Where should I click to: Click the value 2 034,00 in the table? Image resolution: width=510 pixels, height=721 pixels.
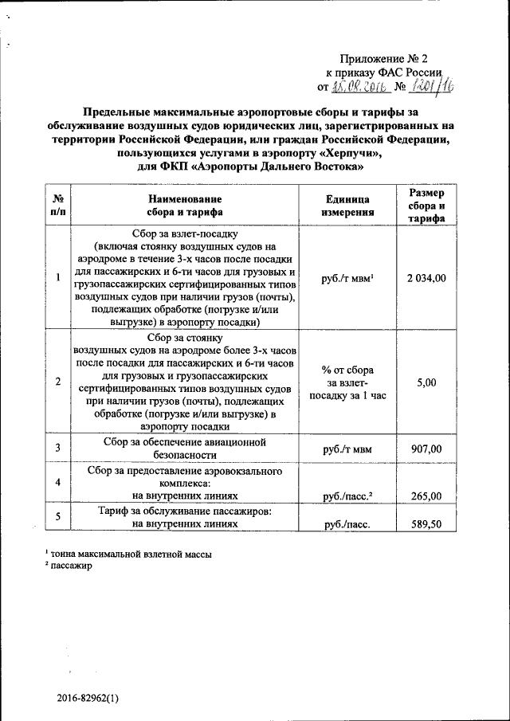coord(426,278)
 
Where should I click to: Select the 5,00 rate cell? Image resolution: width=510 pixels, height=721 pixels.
coord(426,382)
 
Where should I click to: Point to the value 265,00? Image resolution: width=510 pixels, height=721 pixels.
coord(425,497)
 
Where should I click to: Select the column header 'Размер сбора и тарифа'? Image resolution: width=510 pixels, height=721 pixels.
coord(426,206)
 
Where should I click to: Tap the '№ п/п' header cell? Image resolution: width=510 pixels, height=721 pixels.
coord(58,206)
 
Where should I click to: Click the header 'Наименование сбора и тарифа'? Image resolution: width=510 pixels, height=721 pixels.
coord(184,206)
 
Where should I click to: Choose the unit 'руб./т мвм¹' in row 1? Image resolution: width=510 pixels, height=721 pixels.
coord(347,278)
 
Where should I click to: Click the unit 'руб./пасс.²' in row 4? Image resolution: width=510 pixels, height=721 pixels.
coord(347,497)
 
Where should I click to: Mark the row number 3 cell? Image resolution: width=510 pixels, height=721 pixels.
coord(58,449)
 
